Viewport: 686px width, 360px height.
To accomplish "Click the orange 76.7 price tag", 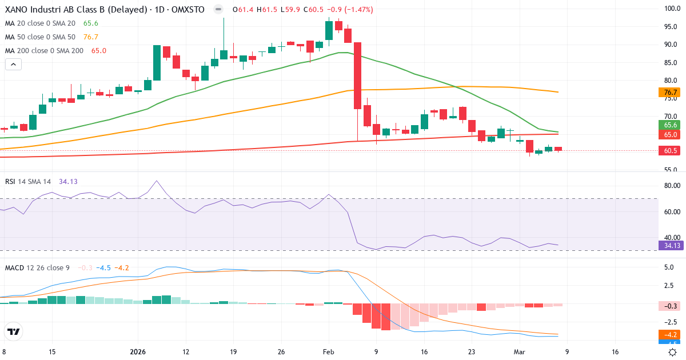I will click(671, 93).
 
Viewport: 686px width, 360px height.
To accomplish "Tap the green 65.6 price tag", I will click(671, 125).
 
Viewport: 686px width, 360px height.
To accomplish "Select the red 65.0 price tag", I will click(671, 135).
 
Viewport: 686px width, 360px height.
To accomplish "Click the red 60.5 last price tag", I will click(671, 151).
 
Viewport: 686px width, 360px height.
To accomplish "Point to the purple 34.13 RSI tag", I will click(671, 246).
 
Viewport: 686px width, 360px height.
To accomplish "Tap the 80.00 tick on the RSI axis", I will click(671, 186).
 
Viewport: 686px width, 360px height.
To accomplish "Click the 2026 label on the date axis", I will click(139, 352).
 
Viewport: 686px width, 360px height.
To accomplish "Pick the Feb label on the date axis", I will click(328, 352).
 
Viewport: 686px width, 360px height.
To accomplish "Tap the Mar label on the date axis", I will click(519, 352).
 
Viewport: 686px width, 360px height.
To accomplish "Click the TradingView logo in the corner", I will click(14, 331).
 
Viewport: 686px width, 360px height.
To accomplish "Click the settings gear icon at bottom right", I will click(673, 352).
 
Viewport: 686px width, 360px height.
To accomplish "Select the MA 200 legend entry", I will click(45, 50).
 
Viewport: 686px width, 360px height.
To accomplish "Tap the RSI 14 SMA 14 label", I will click(28, 181).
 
